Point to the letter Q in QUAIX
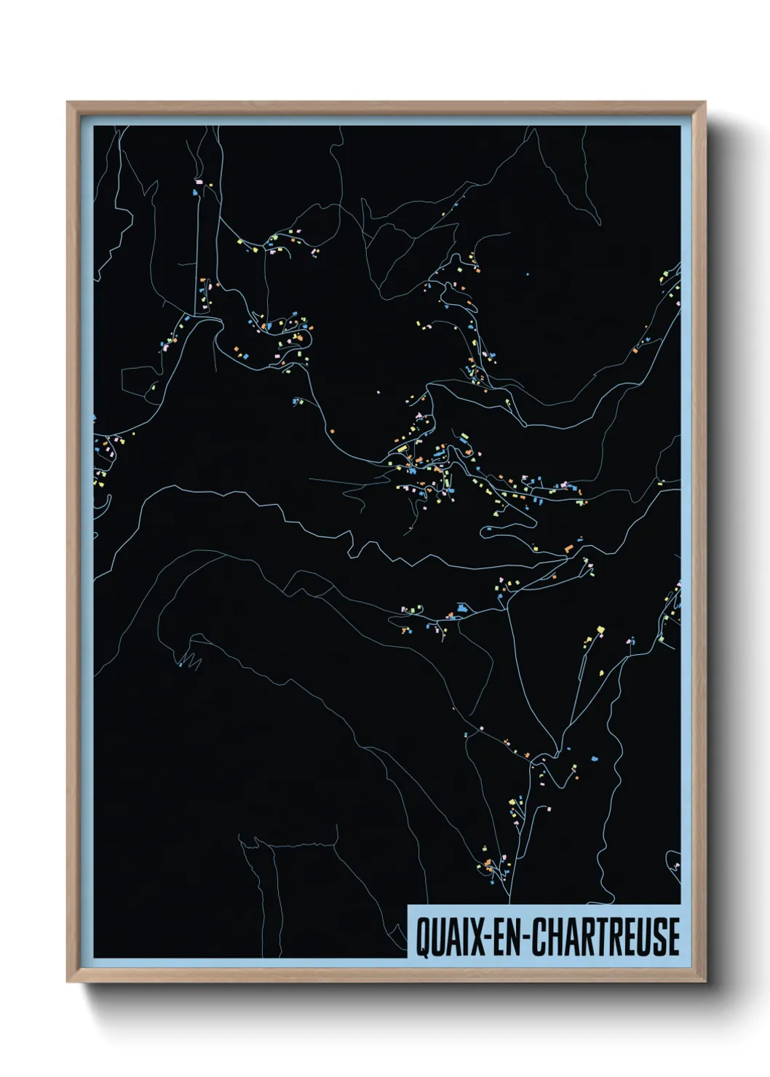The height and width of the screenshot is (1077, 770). pos(423,937)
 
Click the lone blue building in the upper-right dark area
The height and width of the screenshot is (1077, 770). pos(528,274)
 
